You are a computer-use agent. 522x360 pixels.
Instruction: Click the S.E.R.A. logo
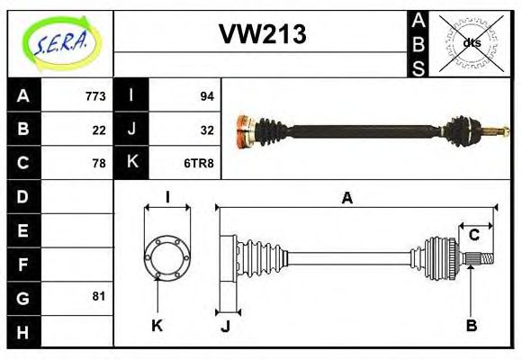[59, 41]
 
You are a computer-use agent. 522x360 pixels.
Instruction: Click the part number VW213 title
[262, 35]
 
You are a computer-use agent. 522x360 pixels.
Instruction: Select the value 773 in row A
[95, 96]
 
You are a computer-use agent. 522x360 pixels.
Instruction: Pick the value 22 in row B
[99, 130]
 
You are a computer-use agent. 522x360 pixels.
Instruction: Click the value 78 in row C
[99, 163]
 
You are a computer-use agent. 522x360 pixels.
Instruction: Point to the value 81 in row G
[99, 295]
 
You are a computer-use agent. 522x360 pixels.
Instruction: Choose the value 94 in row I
[206, 96]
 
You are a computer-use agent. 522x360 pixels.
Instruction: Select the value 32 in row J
[206, 130]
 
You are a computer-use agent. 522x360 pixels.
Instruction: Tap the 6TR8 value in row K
[200, 163]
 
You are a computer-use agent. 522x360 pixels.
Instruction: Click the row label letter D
[23, 196]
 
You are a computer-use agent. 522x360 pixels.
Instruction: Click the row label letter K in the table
[131, 163]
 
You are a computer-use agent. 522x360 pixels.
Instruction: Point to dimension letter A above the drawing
[346, 198]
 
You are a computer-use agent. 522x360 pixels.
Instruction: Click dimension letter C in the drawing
[472, 235]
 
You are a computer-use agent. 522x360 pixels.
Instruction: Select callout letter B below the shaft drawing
[471, 326]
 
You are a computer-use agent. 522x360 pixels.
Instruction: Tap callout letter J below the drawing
[225, 326]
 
